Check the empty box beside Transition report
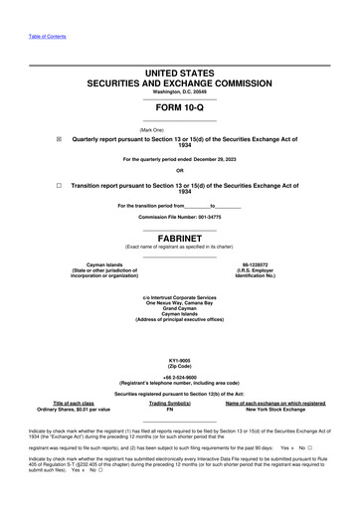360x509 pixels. point(60,185)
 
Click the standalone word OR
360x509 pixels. point(179,170)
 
